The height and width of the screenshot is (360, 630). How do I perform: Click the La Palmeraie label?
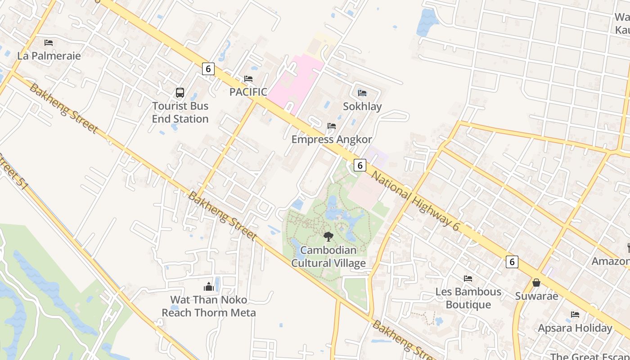49,56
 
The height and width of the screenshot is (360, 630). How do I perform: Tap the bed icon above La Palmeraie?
49,43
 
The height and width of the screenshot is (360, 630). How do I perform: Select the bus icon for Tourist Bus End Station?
180,93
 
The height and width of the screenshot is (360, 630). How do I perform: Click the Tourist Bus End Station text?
180,112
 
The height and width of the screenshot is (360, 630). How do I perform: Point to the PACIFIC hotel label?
248,92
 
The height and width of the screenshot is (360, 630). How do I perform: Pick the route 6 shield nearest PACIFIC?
207,69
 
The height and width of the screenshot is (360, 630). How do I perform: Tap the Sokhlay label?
362,106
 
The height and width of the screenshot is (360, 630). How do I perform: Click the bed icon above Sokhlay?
362,93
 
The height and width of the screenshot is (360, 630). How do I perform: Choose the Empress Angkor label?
332,139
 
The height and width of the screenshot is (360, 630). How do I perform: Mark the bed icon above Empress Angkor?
332,126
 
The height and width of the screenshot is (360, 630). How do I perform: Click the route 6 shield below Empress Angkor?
360,165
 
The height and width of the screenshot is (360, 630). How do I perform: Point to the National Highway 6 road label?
415,200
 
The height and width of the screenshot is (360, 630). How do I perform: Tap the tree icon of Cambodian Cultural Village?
328,236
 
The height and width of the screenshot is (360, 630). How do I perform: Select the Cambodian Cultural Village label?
328,256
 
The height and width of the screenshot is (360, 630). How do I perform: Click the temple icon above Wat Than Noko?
209,287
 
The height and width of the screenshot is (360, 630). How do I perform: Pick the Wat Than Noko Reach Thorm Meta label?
209,306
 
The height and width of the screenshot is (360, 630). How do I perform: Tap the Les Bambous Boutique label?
468,298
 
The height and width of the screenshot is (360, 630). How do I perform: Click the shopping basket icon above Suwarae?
536,283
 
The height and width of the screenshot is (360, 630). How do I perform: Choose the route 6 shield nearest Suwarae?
512,261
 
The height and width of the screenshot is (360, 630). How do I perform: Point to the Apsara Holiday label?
575,328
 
